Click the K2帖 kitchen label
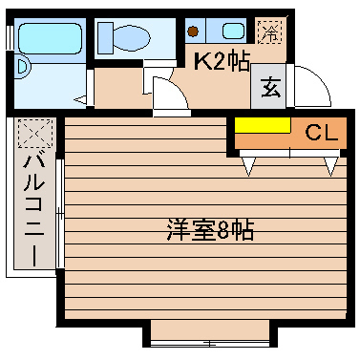(222, 63)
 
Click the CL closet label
(321, 134)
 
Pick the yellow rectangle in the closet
(263, 126)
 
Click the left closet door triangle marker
(250, 166)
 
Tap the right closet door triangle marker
(330, 166)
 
